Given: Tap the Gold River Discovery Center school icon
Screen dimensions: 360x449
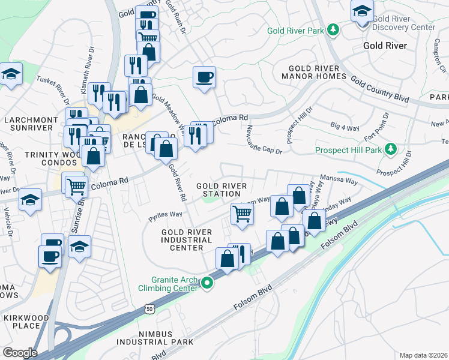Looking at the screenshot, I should (x=362, y=11).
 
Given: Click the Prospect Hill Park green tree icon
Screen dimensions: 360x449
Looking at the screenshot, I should (x=391, y=148).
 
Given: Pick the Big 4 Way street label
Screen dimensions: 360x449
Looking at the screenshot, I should (x=344, y=126).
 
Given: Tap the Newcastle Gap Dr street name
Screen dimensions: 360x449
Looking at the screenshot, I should (x=261, y=143).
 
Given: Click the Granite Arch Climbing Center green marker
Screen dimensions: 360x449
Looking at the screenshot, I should (x=208, y=282).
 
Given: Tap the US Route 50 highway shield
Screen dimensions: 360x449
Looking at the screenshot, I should (x=148, y=309).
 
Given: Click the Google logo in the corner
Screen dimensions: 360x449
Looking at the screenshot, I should (x=19, y=352).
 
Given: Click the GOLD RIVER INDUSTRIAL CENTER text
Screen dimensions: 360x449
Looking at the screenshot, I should (x=187, y=240).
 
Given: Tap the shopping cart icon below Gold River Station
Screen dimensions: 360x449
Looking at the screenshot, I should (x=241, y=214).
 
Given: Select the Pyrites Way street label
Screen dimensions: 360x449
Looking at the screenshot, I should (x=166, y=214).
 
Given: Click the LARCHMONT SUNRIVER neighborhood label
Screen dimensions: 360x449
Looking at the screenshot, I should (x=30, y=124).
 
